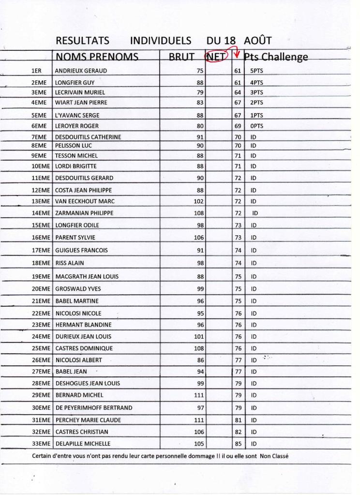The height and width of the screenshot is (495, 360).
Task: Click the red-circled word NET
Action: (215, 57)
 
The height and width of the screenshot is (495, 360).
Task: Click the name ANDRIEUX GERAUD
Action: (81, 71)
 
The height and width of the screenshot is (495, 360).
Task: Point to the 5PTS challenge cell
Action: (256, 71)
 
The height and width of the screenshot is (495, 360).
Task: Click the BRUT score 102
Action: (198, 201)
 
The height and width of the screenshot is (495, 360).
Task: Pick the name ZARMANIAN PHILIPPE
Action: (84, 213)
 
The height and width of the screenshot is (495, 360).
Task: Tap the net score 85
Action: (238, 444)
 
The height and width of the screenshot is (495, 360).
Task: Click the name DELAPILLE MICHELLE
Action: (83, 444)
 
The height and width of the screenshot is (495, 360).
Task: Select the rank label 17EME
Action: (41, 251)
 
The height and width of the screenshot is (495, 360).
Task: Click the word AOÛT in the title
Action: (258, 41)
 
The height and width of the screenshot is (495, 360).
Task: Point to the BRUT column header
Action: (181, 57)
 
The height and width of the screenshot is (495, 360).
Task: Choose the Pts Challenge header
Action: (276, 57)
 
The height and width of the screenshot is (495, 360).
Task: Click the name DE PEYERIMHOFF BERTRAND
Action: (93, 408)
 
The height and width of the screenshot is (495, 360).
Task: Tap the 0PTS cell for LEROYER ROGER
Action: (256, 126)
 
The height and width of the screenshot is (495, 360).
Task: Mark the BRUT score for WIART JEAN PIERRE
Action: (200, 103)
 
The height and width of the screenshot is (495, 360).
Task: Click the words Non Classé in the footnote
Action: (274, 456)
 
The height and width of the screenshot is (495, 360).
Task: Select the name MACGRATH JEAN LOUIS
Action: (87, 277)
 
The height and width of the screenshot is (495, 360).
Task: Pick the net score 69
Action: (238, 126)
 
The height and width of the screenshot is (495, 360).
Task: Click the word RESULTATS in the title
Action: (82, 41)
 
